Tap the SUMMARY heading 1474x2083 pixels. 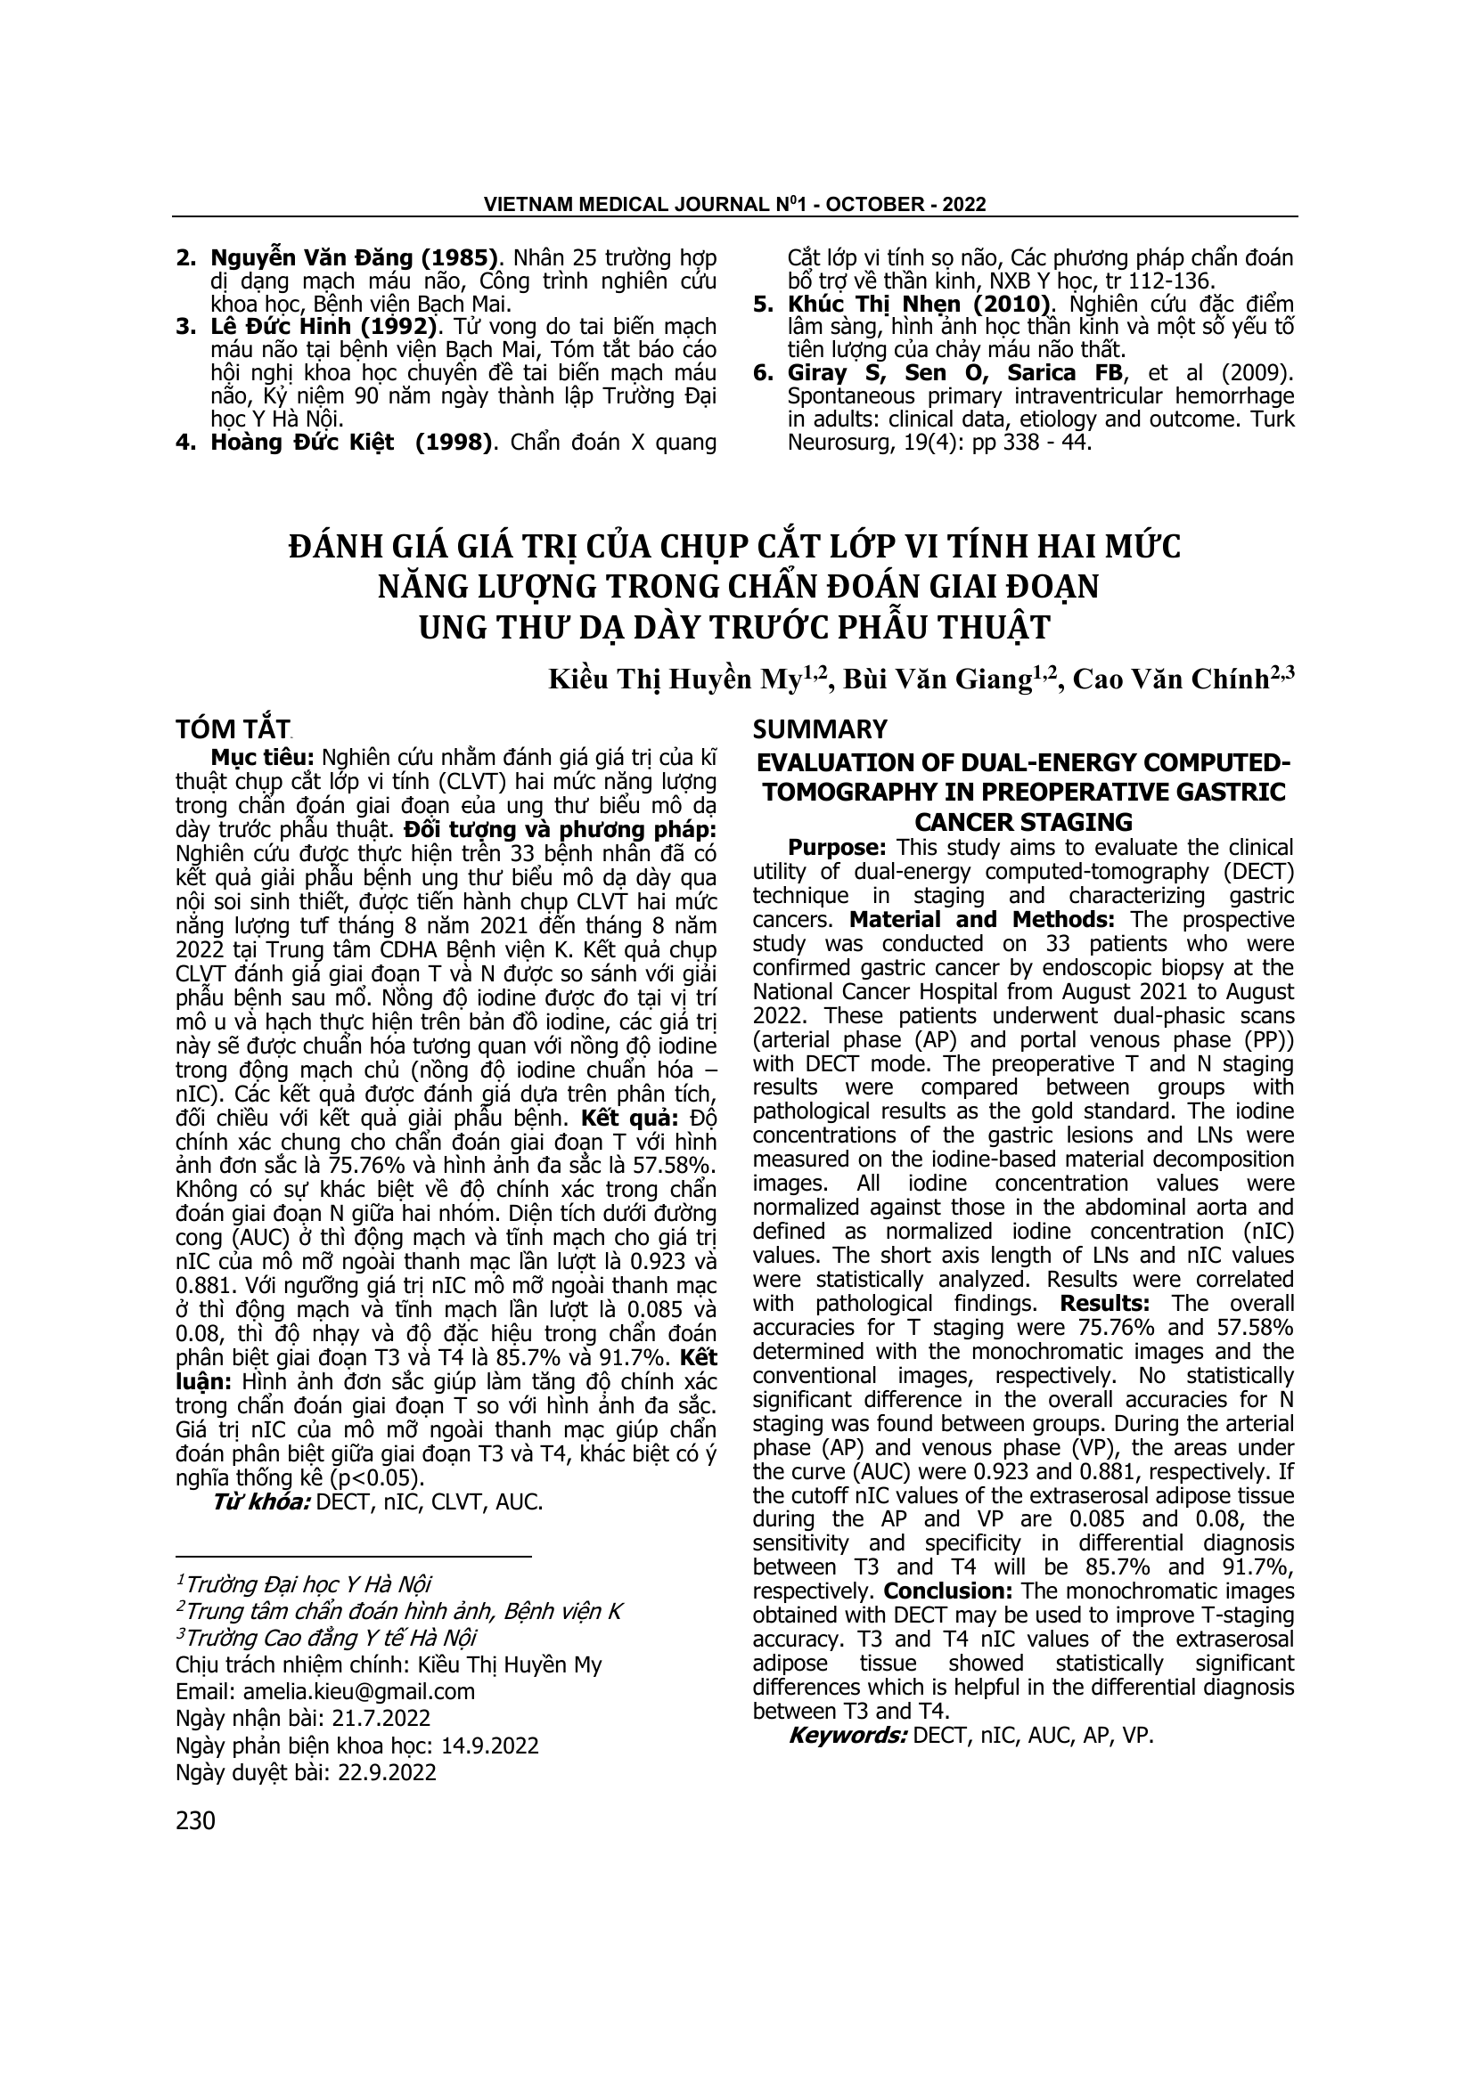pos(820,728)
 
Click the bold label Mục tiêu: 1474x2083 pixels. pos(250,758)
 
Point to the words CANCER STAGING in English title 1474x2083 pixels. pos(1023,822)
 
